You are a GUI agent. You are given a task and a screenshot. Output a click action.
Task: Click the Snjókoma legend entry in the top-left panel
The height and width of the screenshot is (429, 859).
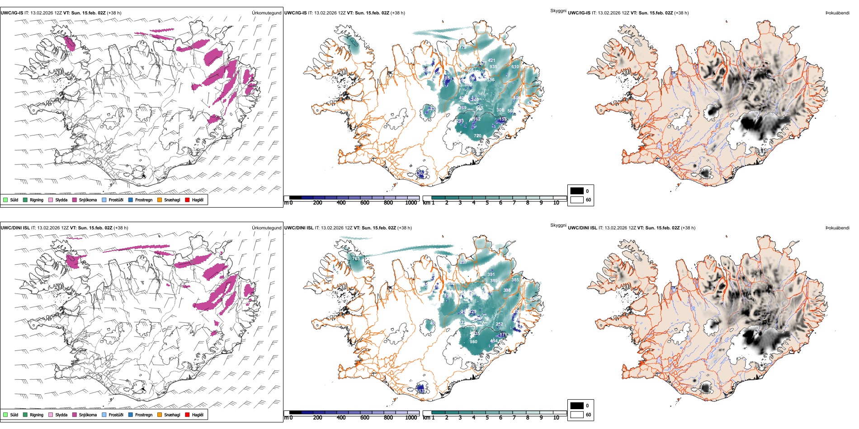(x=88, y=200)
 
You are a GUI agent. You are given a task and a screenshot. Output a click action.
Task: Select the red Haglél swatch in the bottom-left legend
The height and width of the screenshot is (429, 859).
(x=188, y=415)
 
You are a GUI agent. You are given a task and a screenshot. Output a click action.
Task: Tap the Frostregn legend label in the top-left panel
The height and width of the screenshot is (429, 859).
(x=143, y=200)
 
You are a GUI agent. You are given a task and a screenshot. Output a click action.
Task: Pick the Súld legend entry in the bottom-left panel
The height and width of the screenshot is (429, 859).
(x=14, y=415)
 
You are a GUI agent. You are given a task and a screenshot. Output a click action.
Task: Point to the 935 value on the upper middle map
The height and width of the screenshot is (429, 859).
(x=493, y=66)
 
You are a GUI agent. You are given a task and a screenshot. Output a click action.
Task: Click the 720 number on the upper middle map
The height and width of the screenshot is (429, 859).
(x=477, y=135)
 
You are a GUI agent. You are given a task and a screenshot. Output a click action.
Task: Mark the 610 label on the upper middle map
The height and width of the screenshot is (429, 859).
(x=515, y=66)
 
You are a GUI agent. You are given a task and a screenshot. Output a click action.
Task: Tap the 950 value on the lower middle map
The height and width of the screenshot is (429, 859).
(x=473, y=341)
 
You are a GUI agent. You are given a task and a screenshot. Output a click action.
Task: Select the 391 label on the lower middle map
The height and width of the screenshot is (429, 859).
(x=491, y=274)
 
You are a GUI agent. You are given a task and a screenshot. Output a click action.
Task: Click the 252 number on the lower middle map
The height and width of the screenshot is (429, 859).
(x=499, y=324)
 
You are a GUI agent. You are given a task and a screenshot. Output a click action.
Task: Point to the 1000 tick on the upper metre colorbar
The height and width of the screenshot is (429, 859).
(x=411, y=203)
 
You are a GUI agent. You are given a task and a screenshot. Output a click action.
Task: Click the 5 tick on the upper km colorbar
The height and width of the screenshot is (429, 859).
(x=487, y=203)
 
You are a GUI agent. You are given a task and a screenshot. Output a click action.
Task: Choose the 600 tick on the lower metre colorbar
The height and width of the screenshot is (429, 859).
(x=365, y=418)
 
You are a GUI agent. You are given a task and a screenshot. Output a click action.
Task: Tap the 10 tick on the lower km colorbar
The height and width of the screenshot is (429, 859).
(x=556, y=418)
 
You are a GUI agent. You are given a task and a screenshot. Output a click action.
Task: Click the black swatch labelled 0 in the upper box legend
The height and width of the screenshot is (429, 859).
(x=577, y=191)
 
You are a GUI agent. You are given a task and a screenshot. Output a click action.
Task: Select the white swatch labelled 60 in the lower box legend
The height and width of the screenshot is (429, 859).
(x=577, y=415)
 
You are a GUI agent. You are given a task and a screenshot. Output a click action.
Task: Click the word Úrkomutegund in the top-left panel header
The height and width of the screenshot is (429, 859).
(x=266, y=13)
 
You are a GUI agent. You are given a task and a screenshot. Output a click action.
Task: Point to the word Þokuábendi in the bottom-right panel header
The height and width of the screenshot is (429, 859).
(x=837, y=228)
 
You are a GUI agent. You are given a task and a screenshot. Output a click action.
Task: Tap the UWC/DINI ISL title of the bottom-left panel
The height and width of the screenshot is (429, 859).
(x=15, y=228)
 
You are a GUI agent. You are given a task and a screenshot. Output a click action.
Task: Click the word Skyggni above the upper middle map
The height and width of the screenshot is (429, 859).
(x=558, y=11)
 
